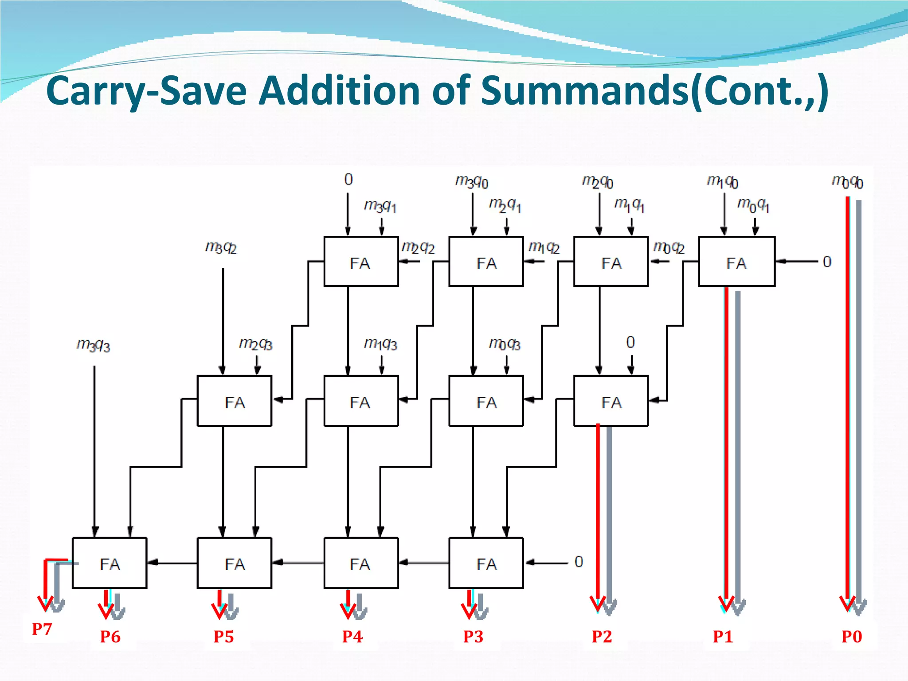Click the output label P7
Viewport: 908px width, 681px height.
coord(42,629)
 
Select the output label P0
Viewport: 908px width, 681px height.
coord(852,637)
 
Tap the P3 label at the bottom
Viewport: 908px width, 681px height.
coord(473,637)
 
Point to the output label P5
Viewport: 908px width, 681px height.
coord(223,637)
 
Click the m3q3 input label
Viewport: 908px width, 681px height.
coord(93,345)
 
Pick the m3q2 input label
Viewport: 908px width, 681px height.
coord(221,247)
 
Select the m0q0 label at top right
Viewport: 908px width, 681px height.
coord(847,182)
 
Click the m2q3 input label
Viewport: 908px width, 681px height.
coord(256,344)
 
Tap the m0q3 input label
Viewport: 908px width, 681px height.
coord(505,344)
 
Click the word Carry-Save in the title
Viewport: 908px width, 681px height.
coord(146,91)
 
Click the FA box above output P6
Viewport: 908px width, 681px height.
coord(110,563)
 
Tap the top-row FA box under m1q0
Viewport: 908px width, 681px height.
coord(736,262)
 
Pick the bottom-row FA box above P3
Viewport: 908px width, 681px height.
coord(486,563)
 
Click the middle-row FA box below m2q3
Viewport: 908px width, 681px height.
coord(235,401)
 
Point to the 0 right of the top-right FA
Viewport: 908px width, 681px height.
coord(827,262)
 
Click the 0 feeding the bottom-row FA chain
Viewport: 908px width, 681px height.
coord(579,562)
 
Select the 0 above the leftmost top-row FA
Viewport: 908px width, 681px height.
coord(348,180)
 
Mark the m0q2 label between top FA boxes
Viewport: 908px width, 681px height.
coord(669,247)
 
